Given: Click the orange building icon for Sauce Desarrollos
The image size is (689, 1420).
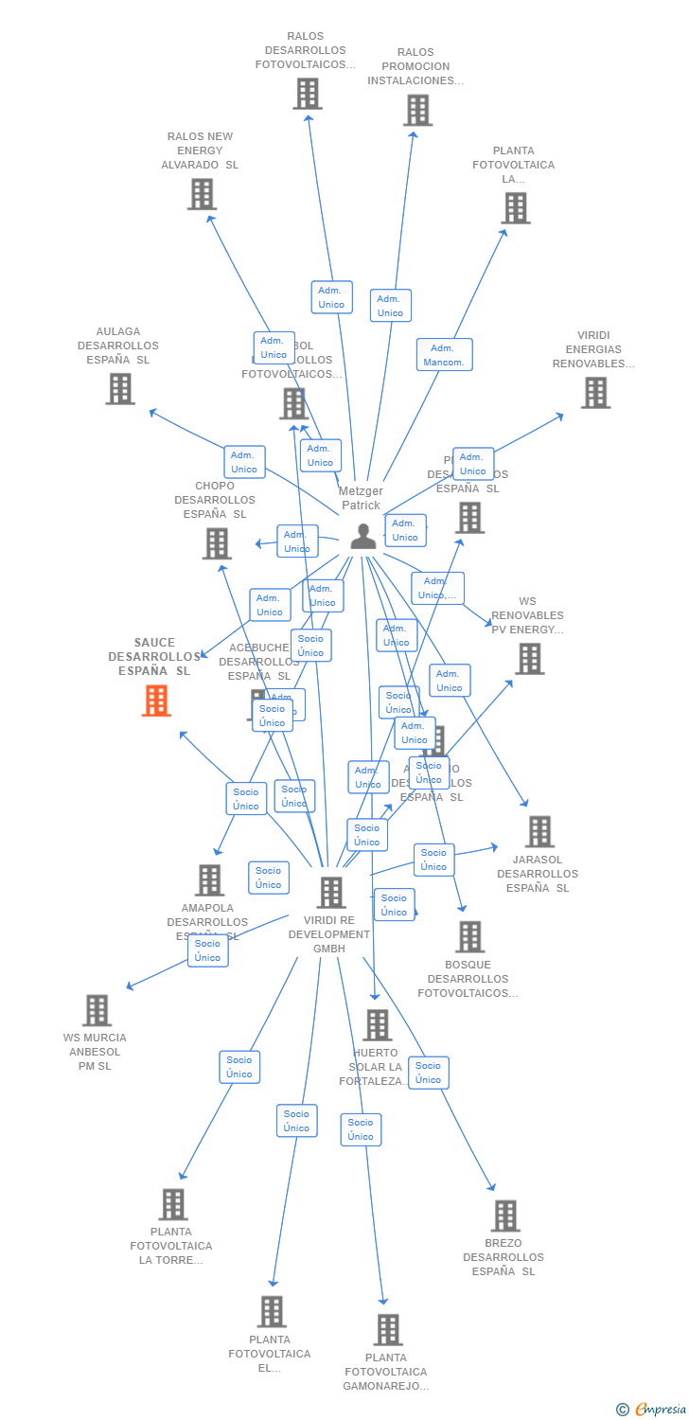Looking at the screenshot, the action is (x=156, y=701).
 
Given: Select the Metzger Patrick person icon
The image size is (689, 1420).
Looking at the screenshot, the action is (x=362, y=537).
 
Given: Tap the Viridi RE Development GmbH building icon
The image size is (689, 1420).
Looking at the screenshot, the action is (x=331, y=892).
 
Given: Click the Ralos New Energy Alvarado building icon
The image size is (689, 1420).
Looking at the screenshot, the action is (x=202, y=194).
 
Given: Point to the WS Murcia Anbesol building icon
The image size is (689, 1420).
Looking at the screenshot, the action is (x=97, y=1010).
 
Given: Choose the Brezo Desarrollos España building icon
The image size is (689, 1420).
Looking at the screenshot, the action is (x=505, y=1216).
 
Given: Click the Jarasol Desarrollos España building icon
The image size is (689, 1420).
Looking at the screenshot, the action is (x=539, y=831).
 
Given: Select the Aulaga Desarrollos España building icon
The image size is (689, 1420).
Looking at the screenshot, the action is (x=120, y=388).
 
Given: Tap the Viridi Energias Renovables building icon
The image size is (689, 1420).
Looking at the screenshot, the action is (x=595, y=392).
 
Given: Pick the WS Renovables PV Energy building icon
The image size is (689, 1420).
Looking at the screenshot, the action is (x=530, y=659).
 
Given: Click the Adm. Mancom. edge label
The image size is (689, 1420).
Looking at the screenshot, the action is (x=444, y=355).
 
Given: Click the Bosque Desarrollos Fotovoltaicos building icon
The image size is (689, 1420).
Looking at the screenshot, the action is (x=469, y=936).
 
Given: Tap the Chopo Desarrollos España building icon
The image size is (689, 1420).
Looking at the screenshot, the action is (x=217, y=543).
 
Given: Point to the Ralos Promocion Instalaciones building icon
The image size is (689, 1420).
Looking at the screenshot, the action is (x=417, y=110).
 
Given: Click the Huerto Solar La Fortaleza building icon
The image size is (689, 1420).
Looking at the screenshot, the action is (x=378, y=1024).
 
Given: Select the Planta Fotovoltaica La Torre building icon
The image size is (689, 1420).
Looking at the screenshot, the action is (x=173, y=1204).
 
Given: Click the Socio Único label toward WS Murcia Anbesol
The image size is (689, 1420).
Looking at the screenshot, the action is (x=207, y=950).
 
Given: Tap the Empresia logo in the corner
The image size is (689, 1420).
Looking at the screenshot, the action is (x=652, y=1410).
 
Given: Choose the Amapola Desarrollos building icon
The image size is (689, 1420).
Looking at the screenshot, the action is (x=209, y=879).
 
